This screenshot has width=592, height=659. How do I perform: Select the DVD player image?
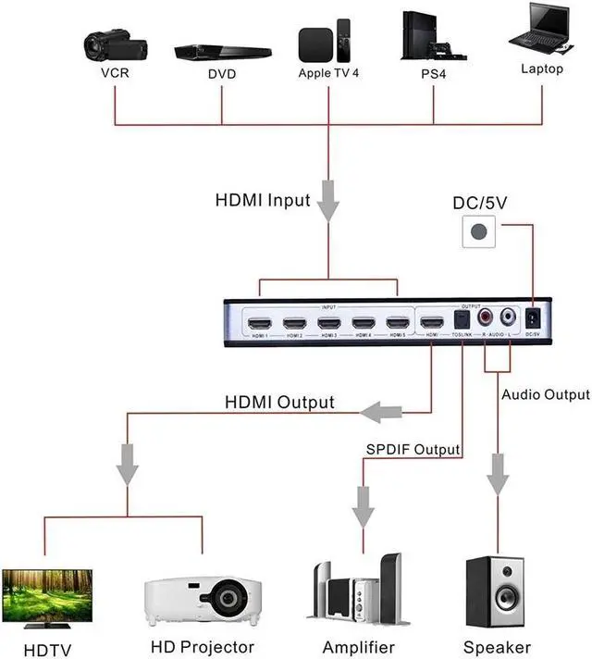222,51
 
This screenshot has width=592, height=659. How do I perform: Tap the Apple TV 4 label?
327,71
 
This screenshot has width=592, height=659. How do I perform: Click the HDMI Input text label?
263,200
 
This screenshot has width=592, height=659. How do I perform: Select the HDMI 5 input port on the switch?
397,323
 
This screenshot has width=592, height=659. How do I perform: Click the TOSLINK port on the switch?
462,320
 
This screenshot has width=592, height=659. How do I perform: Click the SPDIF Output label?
412,450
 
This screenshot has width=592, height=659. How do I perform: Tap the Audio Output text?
545,395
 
